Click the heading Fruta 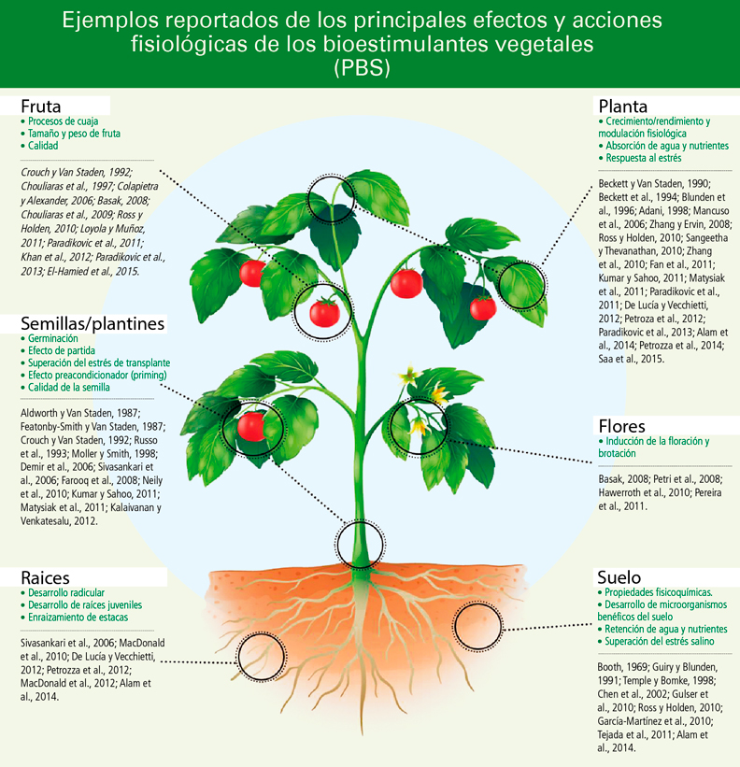42,106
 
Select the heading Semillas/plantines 93,323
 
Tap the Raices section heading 46,577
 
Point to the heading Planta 623,106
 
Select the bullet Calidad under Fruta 43,146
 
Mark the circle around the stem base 360,541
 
